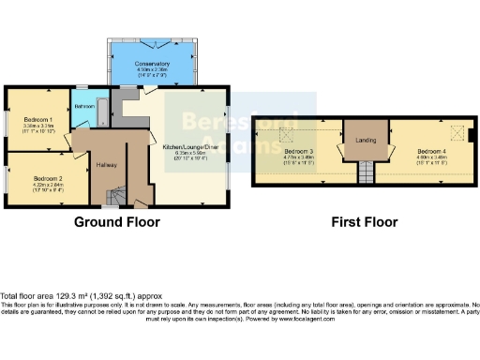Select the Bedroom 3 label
(298, 152)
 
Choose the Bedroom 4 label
(431, 152)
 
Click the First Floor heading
(364, 222)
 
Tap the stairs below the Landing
(366, 172)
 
